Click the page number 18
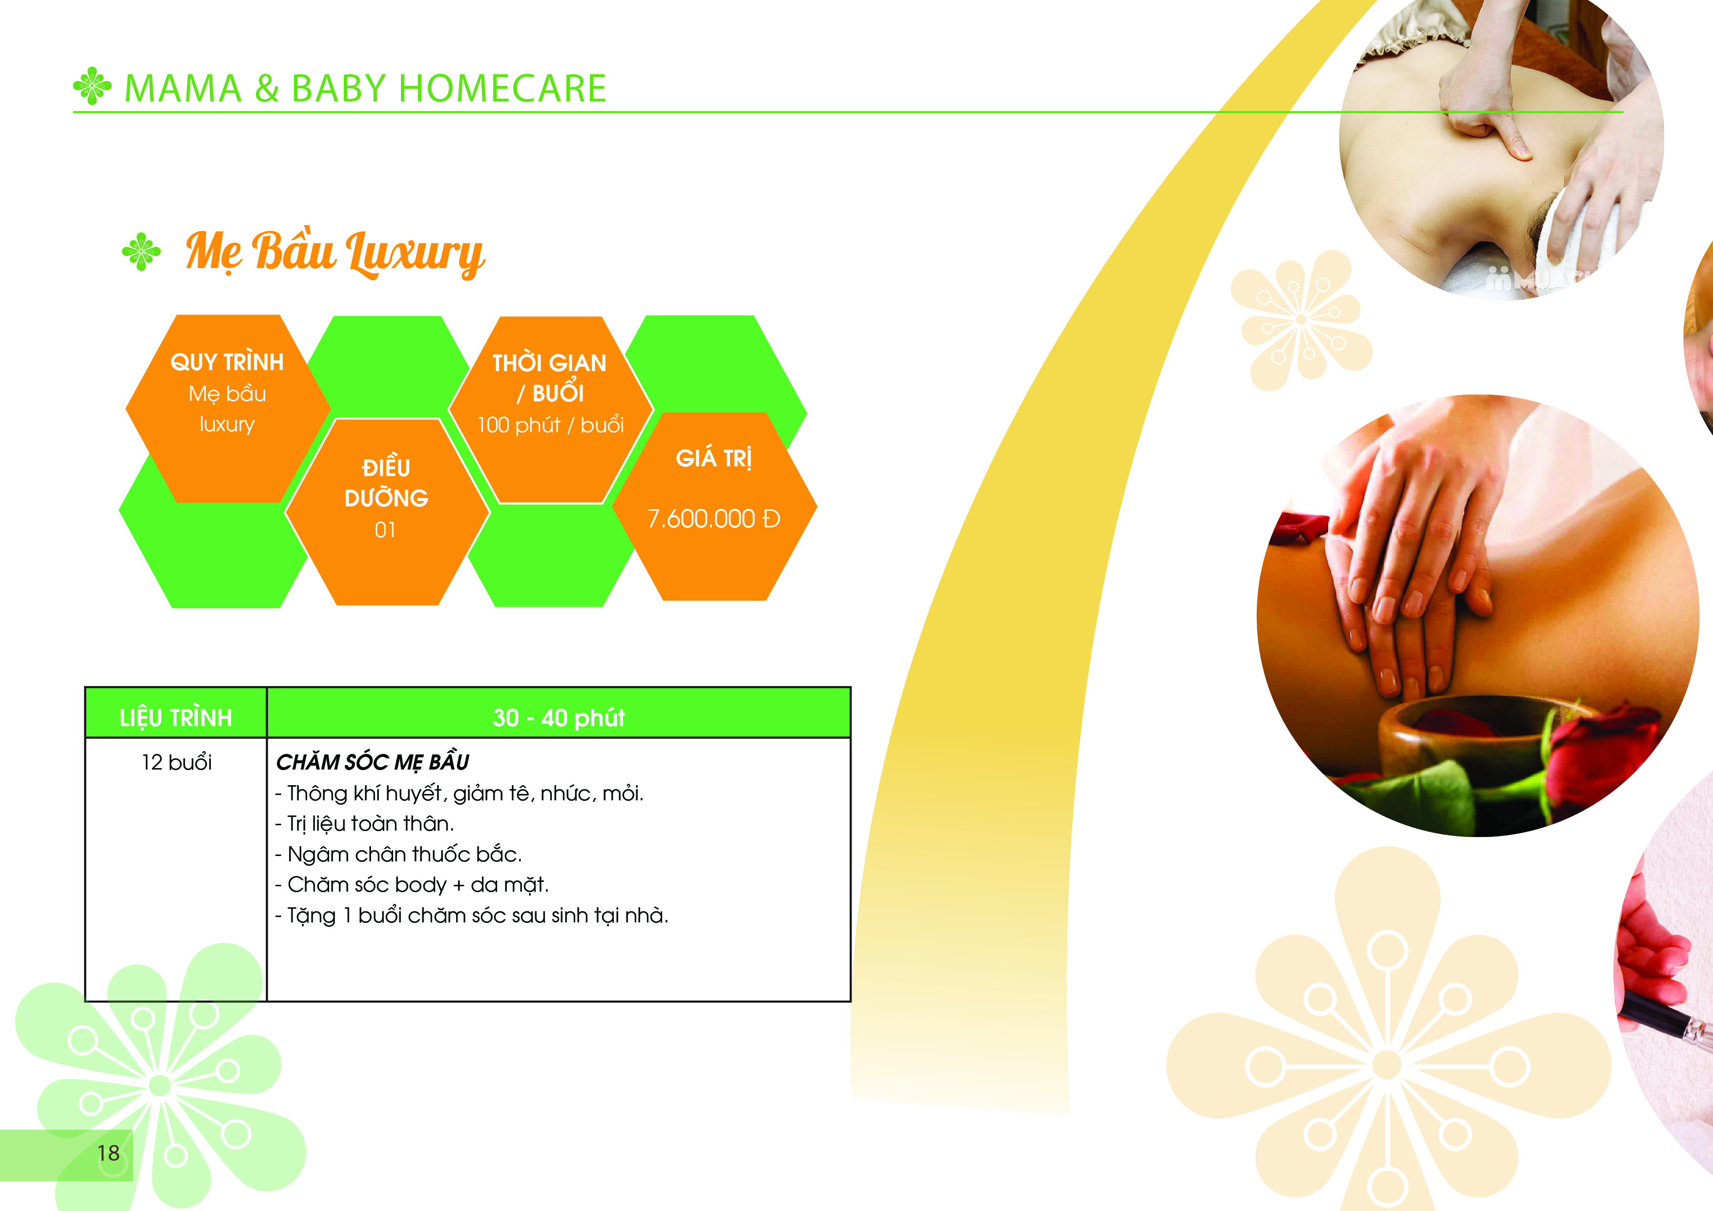click(x=108, y=1153)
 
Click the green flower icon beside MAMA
click(x=92, y=86)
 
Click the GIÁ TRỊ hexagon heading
click(x=714, y=458)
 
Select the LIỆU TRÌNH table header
click(x=176, y=718)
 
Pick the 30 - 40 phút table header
click(x=559, y=718)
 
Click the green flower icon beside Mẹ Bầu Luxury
click(x=141, y=251)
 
